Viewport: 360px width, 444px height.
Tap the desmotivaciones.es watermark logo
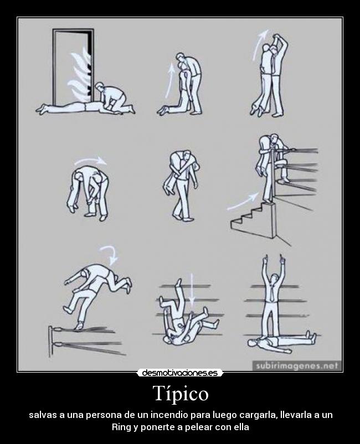(180, 373)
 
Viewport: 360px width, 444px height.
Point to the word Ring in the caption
(121, 427)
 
